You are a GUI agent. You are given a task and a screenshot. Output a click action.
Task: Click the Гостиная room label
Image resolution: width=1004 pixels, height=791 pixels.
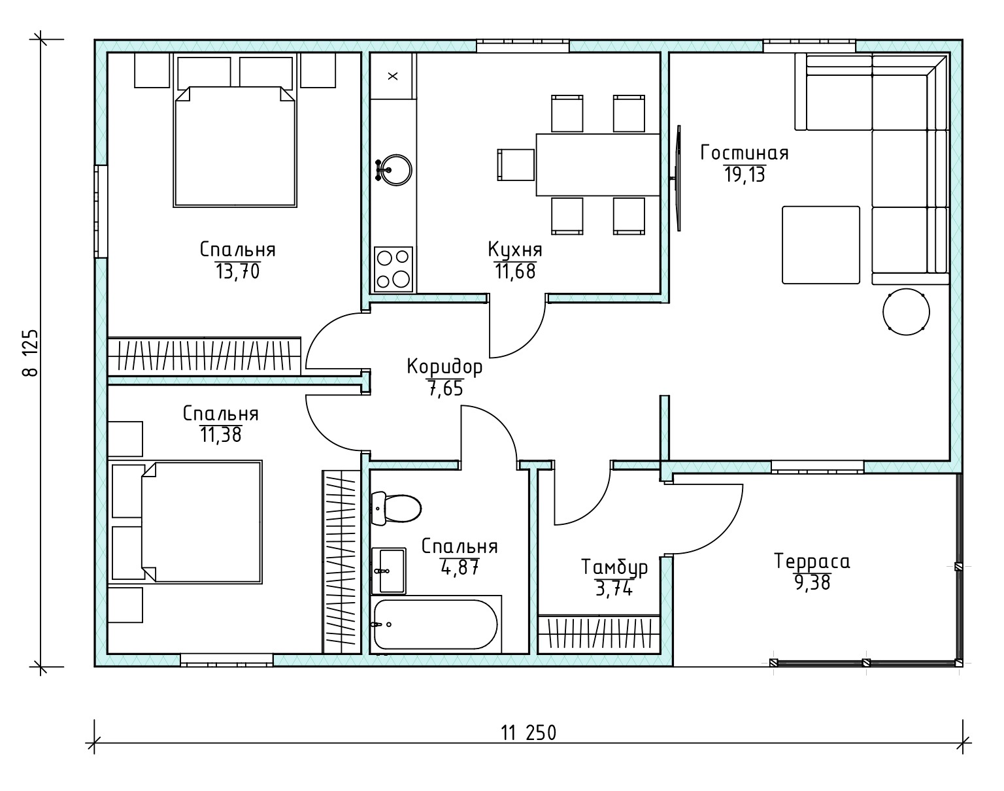[744, 153]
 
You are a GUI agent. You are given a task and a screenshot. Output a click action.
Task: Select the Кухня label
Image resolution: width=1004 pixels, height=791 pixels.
[515, 250]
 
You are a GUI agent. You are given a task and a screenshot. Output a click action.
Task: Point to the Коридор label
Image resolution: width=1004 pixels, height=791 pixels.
[444, 367]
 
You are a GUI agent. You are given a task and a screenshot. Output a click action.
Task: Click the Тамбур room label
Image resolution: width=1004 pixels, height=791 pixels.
[614, 567]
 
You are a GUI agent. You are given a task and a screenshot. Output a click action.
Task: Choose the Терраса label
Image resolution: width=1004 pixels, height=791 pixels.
[812, 562]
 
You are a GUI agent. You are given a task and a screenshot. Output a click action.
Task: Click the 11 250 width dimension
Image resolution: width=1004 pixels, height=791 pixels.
[529, 733]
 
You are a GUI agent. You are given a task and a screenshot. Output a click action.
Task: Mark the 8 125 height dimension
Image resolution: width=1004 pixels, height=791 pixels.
[31, 353]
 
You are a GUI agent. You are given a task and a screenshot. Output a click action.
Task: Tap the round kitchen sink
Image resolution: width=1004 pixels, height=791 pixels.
[394, 170]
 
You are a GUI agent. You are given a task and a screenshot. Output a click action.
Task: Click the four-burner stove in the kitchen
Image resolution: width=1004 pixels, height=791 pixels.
[393, 269]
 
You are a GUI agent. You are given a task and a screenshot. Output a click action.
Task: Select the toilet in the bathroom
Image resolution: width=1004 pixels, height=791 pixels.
[396, 508]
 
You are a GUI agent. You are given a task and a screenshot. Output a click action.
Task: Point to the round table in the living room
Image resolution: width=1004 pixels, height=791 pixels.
[906, 312]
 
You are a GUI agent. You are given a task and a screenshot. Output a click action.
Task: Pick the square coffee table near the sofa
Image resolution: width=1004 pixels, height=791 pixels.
[821, 245]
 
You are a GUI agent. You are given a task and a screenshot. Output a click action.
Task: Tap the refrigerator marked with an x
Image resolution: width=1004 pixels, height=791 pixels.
[393, 76]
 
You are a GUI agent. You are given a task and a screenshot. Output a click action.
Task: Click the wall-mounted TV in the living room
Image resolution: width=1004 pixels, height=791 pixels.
[678, 178]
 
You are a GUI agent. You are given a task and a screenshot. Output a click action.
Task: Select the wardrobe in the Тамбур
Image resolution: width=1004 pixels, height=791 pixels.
[599, 635]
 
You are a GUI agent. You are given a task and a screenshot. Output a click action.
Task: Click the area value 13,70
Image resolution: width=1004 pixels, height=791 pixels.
[237, 271]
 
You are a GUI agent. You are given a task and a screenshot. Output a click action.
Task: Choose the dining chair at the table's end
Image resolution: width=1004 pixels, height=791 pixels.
[516, 165]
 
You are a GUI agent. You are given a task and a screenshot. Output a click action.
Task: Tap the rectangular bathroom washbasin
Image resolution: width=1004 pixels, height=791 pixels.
[389, 571]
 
